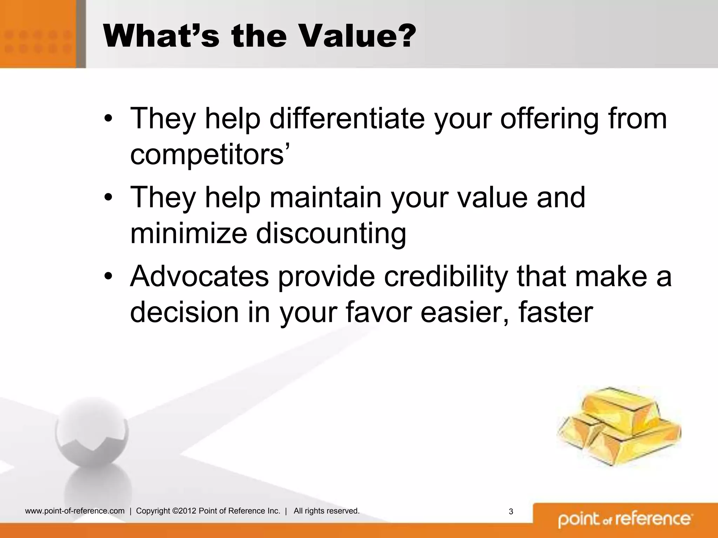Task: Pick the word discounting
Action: (331, 234)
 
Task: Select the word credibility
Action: (446, 277)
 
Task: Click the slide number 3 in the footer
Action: (511, 512)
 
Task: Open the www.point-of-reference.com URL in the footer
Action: (75, 511)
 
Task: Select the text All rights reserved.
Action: (326, 511)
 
